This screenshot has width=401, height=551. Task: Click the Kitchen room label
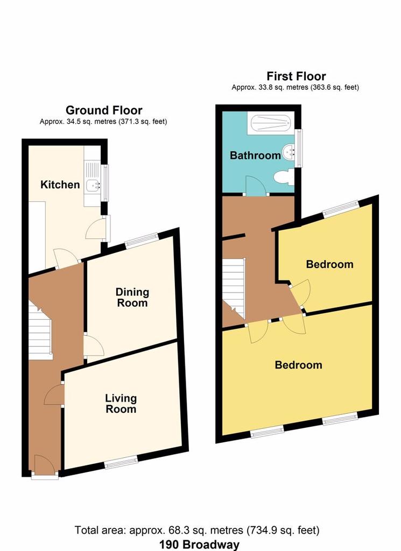tap(60, 185)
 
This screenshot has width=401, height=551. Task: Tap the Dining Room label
tap(132, 297)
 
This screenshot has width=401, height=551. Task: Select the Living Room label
tap(121, 404)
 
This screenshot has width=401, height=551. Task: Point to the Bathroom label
tap(255, 155)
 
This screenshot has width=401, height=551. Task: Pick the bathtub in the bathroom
tap(270, 123)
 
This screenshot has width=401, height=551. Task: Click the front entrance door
tap(45, 467)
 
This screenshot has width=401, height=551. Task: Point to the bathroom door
tap(256, 186)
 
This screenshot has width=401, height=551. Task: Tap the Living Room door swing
tap(54, 394)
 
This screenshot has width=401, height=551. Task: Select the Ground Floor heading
tap(104, 110)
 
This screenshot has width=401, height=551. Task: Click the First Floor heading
tap(296, 76)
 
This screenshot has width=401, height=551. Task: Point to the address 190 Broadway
tap(200, 545)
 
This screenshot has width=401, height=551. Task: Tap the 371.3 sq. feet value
tap(143, 122)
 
